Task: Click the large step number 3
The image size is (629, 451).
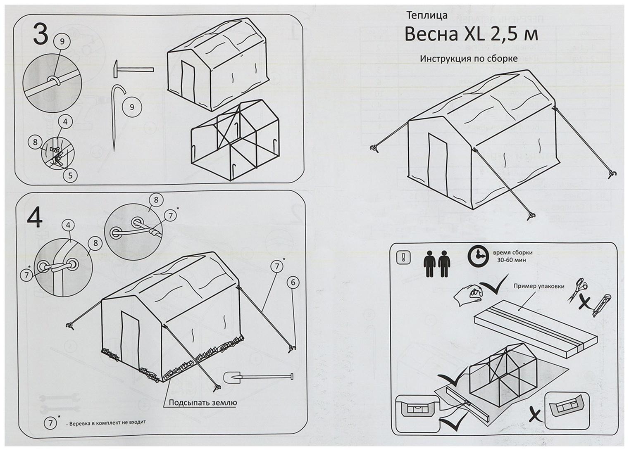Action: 40,34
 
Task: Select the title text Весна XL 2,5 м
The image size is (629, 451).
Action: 471,35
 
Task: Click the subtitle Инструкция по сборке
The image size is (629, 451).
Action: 469,59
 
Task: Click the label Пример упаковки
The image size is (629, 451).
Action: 538,286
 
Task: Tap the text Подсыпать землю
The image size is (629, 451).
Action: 203,402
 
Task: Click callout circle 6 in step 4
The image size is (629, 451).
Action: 293,282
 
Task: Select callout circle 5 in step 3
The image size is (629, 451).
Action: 70,175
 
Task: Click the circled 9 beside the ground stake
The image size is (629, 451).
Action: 132,107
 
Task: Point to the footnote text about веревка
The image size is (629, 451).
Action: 107,423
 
